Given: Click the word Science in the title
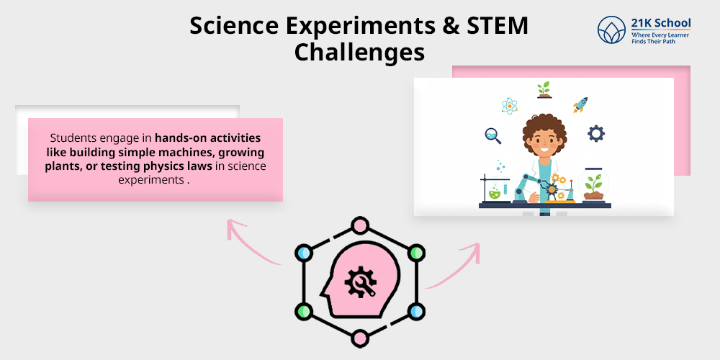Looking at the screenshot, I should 228,26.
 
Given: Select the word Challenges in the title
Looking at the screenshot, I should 359,52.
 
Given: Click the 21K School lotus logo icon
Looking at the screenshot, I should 612,30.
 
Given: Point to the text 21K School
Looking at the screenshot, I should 661,23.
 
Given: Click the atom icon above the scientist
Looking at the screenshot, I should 510,106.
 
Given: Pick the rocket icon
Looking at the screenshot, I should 580,105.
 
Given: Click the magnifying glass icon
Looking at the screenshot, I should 493,135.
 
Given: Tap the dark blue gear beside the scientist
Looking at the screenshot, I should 596,133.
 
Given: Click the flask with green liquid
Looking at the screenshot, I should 495,192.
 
